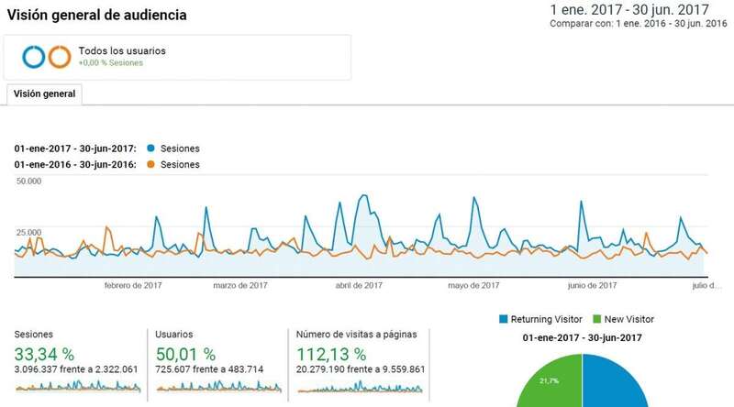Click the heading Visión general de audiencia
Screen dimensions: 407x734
(x=96, y=16)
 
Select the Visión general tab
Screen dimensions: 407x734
(x=44, y=93)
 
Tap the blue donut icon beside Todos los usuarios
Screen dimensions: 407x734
(x=35, y=57)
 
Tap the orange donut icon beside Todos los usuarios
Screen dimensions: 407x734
(x=60, y=57)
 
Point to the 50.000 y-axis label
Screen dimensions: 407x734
(x=29, y=181)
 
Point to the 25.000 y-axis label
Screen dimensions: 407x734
(x=29, y=233)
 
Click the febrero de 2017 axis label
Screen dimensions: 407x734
(x=135, y=285)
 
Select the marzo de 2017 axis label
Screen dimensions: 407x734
(x=241, y=285)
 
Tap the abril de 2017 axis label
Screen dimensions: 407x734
(x=359, y=285)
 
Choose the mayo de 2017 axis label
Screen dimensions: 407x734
(x=473, y=285)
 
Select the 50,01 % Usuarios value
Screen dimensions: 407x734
(x=184, y=354)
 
